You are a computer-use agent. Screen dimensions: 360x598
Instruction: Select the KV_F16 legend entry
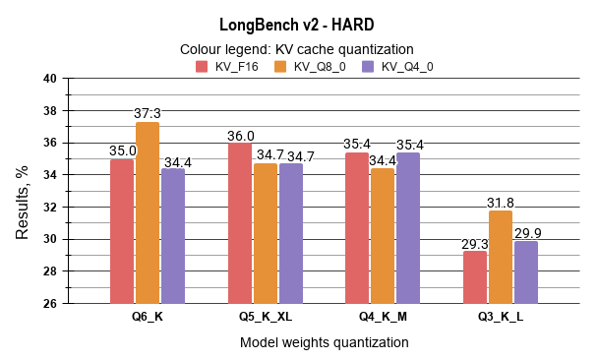click(227, 67)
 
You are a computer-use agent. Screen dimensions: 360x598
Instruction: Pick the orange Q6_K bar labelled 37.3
click(148, 212)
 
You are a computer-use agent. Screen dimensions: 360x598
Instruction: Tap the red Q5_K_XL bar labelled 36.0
click(240, 223)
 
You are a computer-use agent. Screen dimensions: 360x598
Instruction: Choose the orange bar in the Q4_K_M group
click(383, 236)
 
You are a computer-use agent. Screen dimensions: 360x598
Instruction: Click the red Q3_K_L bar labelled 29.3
click(475, 276)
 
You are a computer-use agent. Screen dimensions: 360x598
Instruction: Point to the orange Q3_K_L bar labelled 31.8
click(501, 257)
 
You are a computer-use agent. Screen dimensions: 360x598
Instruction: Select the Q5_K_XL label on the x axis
click(266, 318)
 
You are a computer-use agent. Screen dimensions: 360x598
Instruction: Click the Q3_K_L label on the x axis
click(501, 318)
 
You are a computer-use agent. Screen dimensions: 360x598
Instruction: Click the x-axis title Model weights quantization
click(324, 342)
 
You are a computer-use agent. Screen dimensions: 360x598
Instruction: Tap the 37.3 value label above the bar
click(148, 114)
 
